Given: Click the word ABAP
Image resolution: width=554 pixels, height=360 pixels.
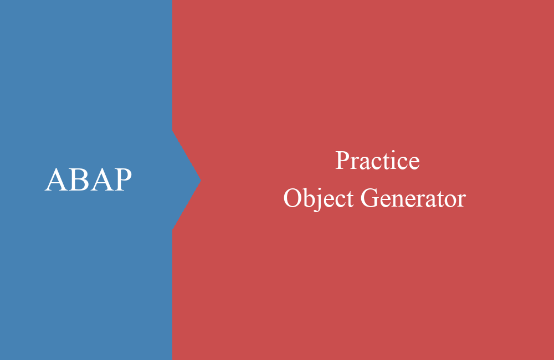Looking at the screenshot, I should pos(88,180).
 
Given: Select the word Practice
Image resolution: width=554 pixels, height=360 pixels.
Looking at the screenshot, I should pos(377,161).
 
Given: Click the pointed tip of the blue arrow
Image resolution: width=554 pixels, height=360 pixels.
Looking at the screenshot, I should pos(199,180).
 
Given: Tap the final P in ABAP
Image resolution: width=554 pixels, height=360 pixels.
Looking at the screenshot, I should pos(122,180).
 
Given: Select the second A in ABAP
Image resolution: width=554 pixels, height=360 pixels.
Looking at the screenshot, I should pos(100,180).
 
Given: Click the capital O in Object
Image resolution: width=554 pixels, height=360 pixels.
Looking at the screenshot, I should pos(293,198).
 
